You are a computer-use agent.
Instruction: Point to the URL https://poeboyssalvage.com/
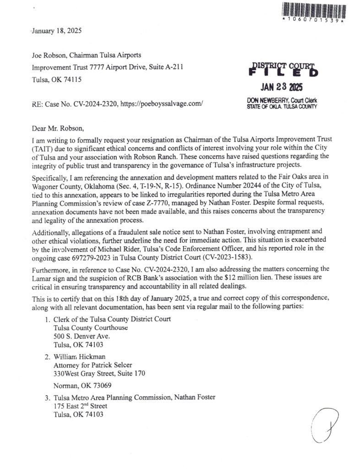point(161,104)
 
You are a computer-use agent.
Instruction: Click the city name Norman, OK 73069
point(82,385)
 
